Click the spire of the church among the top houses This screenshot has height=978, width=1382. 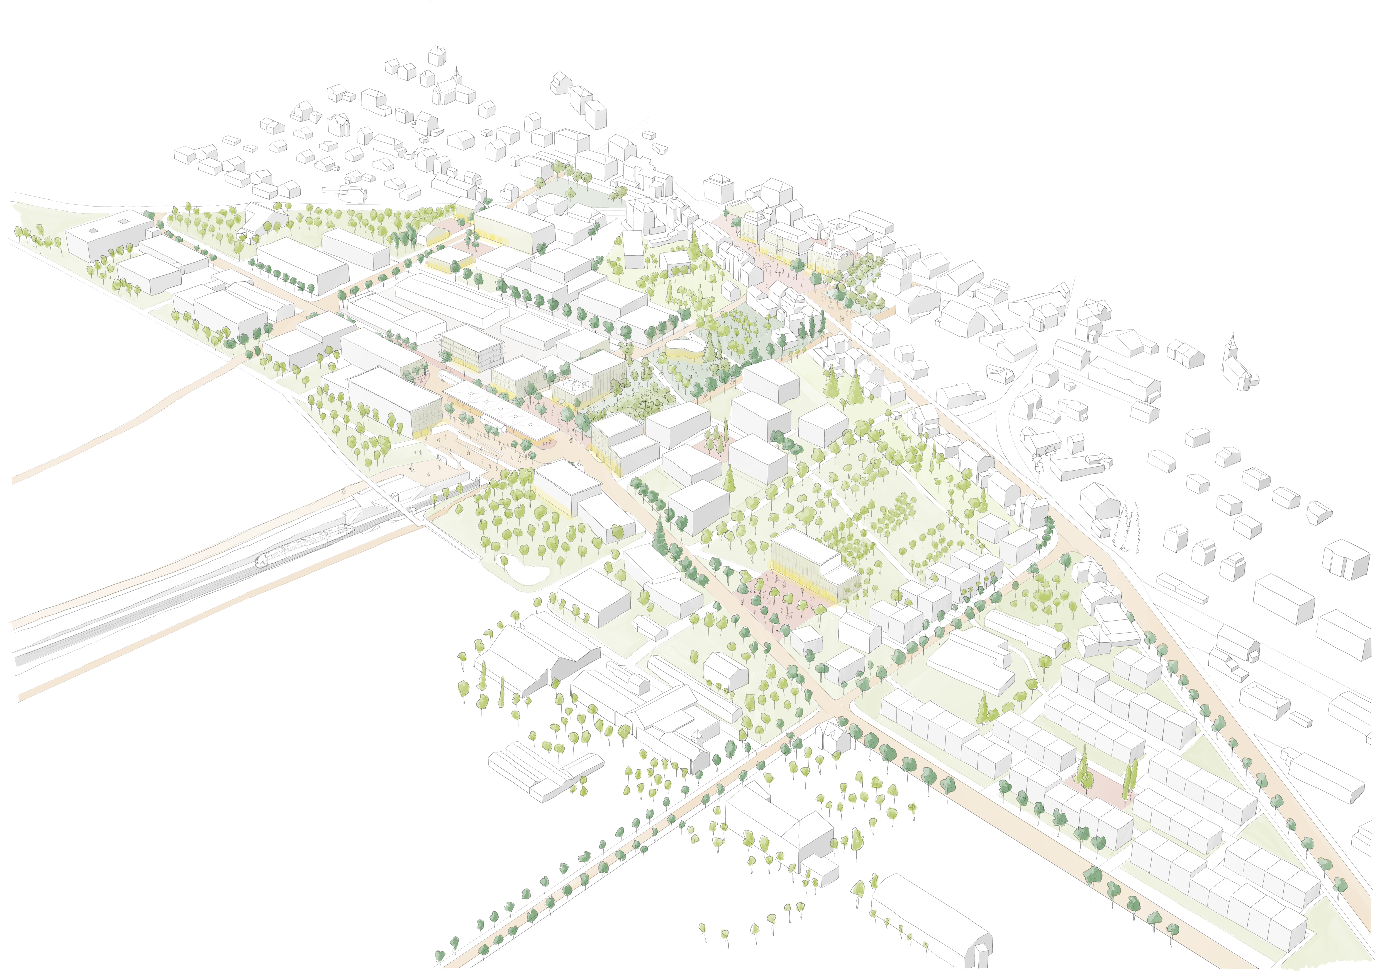tap(457, 72)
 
